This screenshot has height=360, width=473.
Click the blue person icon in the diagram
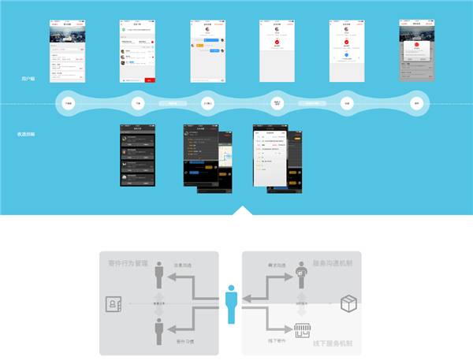click(x=230, y=303)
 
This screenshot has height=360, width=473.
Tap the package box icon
click(x=348, y=303)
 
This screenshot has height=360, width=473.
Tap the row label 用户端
click(x=28, y=80)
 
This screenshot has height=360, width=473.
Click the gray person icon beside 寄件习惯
click(x=159, y=329)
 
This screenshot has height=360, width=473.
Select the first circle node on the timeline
click(x=69, y=103)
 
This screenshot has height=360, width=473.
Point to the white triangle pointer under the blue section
click(x=244, y=210)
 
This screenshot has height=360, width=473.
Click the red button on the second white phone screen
click(x=150, y=80)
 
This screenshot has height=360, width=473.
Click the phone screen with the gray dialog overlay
click(x=415, y=50)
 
